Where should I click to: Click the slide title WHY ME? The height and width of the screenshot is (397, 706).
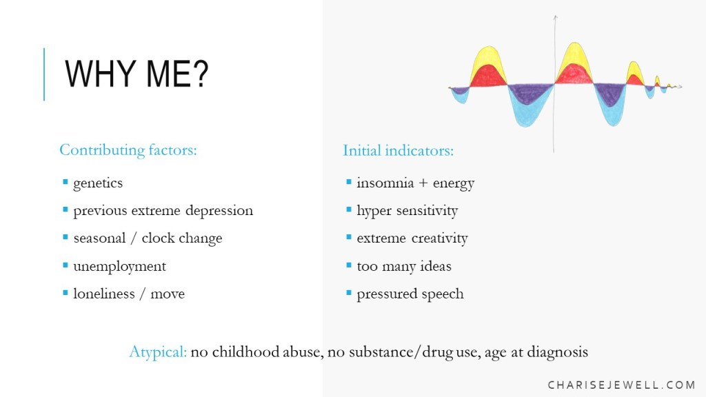pos(137,74)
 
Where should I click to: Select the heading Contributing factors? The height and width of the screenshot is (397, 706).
pos(128,150)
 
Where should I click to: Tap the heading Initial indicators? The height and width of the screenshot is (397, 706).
pos(398,150)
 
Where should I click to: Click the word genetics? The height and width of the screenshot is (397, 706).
pos(98,183)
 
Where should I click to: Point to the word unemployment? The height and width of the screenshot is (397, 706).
pos(120,267)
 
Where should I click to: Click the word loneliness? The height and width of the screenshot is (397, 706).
pos(104,294)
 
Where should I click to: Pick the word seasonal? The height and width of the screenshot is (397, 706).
pos(99,238)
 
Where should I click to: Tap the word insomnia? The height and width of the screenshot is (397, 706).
pos(385,183)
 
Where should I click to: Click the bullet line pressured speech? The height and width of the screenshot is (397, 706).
pos(410,294)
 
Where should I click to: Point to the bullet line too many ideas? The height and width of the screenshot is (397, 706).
pos(404,267)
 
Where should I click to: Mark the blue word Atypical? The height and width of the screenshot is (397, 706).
pos(158,352)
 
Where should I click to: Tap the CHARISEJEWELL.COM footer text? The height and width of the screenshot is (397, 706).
pos(621,385)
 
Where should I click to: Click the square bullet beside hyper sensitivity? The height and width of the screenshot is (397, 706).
pos(348,210)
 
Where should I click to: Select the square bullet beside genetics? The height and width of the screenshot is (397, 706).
pos(65,182)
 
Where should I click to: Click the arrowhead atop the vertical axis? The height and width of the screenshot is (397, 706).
pos(555,17)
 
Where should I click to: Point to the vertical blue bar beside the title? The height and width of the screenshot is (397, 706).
pos(44,74)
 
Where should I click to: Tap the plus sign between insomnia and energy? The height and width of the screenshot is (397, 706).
pos(423,183)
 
